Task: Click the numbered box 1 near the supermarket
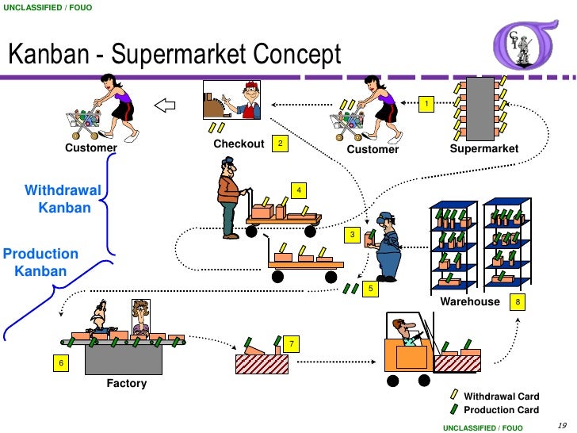click(426, 105)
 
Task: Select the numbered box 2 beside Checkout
click(279, 144)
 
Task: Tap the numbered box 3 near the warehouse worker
click(353, 235)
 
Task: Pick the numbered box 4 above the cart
click(298, 190)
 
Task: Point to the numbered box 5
click(369, 289)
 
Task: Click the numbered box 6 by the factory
click(59, 362)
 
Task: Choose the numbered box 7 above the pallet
click(292, 344)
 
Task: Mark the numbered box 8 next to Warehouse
click(518, 302)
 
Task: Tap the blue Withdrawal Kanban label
click(63, 199)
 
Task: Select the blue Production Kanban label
click(40, 262)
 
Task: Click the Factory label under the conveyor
click(127, 384)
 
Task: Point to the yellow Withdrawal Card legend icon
click(453, 395)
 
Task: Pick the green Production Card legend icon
click(453, 408)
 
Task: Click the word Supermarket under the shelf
click(483, 149)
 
